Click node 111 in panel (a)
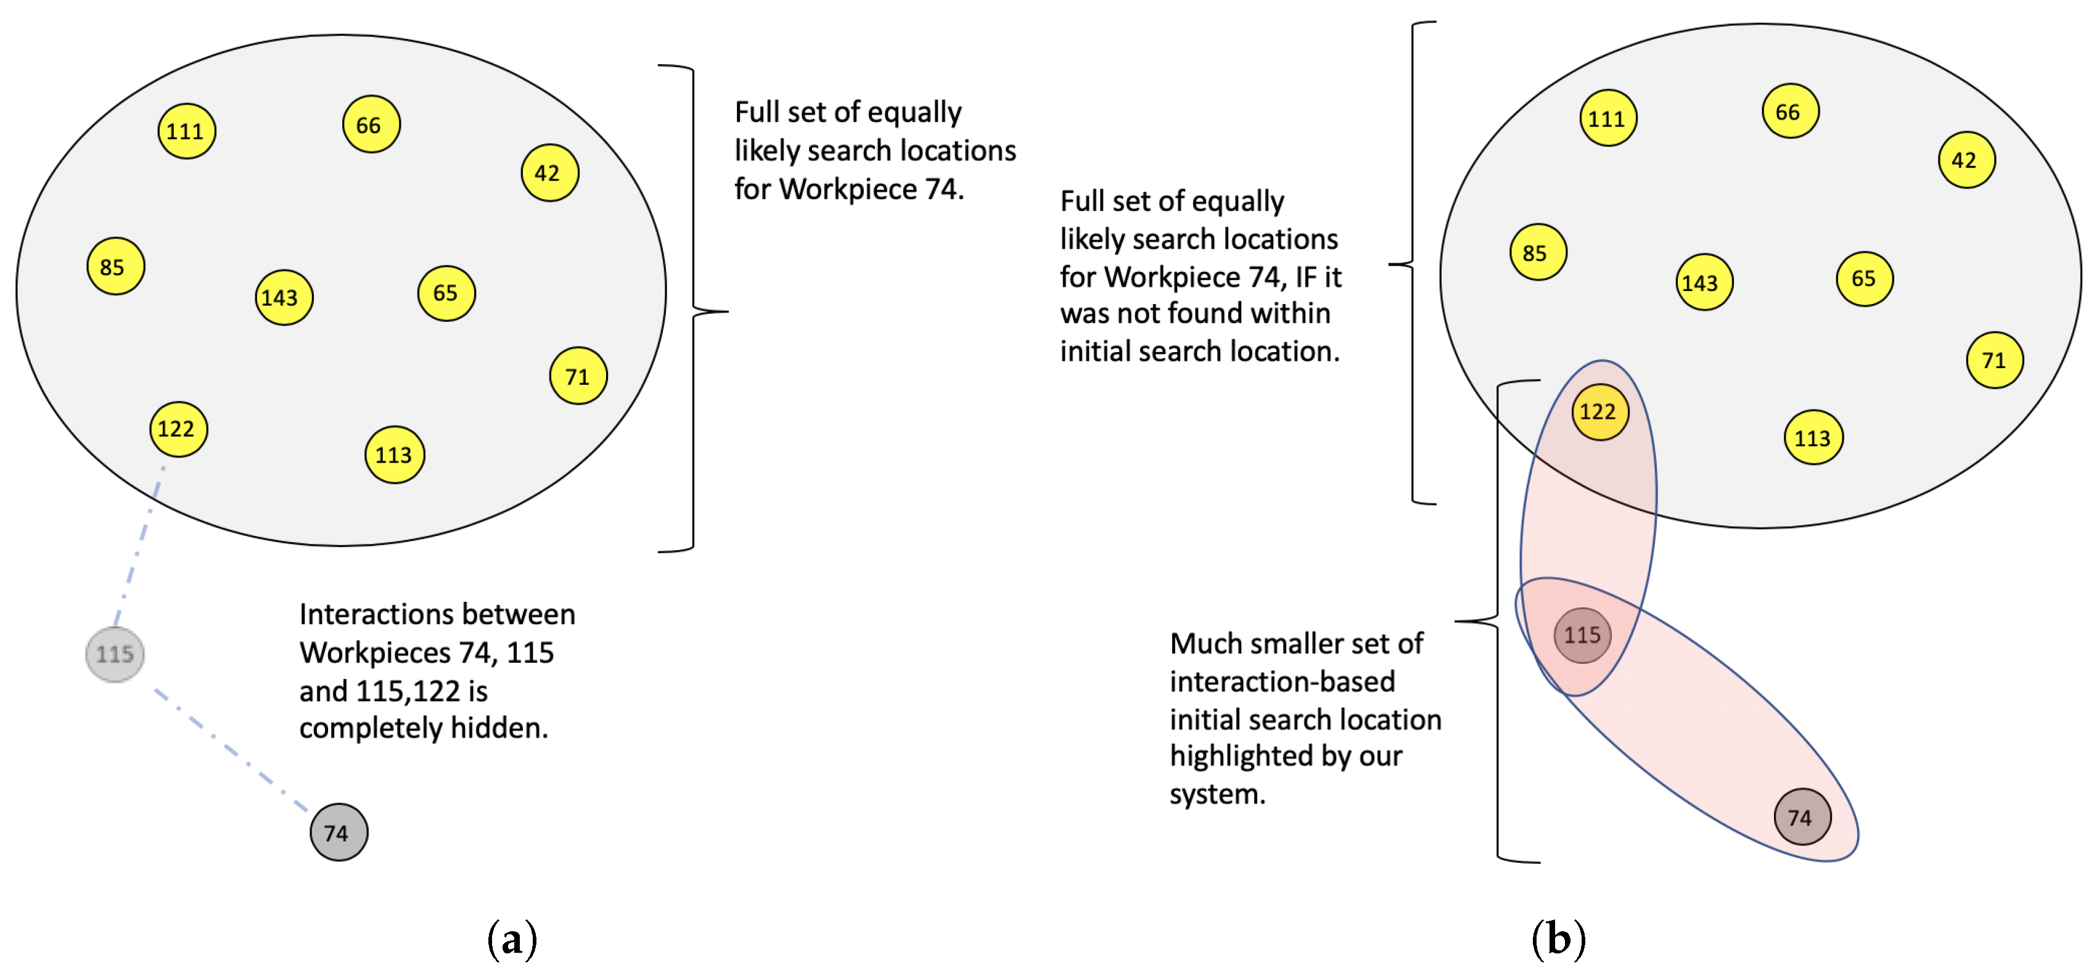coord(186,131)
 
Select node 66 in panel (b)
coord(1790,112)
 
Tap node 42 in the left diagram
coord(549,173)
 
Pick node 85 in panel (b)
coord(1537,253)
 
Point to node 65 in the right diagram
coord(1864,279)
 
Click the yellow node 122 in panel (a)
coord(178,429)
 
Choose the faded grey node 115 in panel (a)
coord(115,654)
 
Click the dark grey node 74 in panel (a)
coord(338,833)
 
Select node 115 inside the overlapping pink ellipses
coord(1582,635)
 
